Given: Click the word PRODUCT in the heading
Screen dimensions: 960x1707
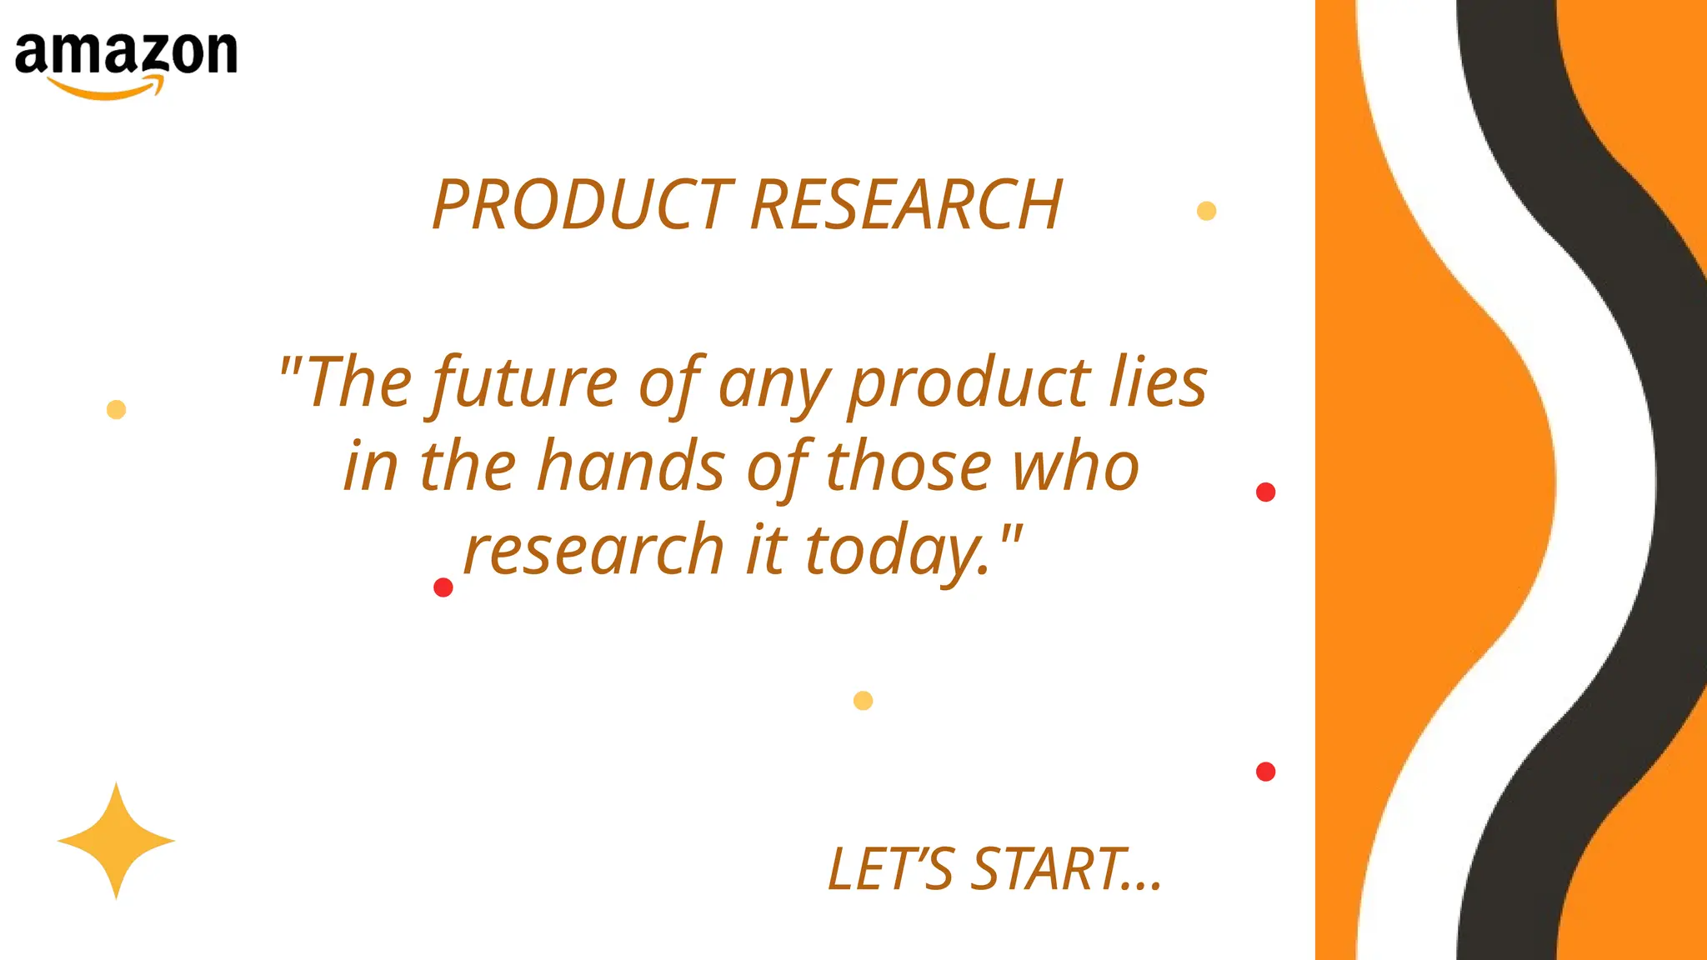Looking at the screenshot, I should point(583,205).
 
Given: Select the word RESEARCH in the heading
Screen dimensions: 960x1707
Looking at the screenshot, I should point(906,205).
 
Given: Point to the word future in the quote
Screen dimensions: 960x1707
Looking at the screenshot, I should point(524,383).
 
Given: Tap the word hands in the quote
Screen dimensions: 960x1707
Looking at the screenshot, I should point(631,467).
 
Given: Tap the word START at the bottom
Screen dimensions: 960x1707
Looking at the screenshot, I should point(1050,869).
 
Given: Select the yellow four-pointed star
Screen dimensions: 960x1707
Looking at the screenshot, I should point(116,841).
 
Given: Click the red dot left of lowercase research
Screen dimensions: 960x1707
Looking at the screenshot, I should point(443,587).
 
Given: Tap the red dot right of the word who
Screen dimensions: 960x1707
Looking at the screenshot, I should point(1265,492).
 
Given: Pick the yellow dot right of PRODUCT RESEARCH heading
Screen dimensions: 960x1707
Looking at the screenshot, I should point(1206,211).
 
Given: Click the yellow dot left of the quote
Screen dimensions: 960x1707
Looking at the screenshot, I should point(116,409).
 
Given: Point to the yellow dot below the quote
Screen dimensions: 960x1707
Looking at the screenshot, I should point(863,701).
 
